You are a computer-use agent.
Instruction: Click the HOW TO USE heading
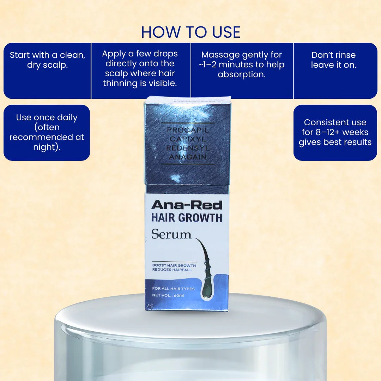(x=190, y=32)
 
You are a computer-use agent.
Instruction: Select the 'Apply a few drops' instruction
(x=140, y=68)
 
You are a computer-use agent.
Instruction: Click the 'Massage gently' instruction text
(x=242, y=65)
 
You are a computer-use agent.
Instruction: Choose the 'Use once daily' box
(x=47, y=132)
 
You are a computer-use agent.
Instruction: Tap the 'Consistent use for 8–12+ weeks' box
(x=335, y=132)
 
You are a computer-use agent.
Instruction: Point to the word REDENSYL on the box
(x=188, y=148)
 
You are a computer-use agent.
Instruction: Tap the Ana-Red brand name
(x=187, y=205)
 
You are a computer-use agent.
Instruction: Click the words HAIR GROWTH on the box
(x=187, y=218)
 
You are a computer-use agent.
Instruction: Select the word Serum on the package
(x=171, y=235)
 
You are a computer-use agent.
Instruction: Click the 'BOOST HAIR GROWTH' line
(x=174, y=265)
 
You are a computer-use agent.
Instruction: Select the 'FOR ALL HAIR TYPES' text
(x=173, y=289)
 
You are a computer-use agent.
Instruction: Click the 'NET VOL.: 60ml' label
(x=168, y=295)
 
